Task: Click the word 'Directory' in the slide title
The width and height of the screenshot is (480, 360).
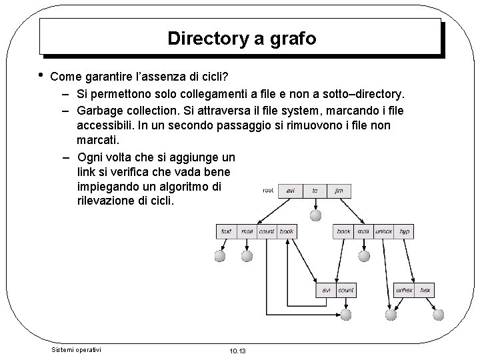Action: coord(207,38)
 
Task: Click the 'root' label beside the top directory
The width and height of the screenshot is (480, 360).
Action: coord(269,190)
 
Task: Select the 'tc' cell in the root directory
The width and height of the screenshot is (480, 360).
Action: coord(315,190)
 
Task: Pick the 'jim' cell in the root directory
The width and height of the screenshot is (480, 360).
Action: coord(339,190)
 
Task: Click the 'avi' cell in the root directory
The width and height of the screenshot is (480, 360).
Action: coord(291,190)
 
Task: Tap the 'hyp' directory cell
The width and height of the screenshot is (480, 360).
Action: coord(404,231)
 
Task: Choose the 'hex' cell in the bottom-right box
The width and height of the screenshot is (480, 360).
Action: coord(425,291)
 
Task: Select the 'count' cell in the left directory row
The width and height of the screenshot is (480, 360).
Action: coord(267,231)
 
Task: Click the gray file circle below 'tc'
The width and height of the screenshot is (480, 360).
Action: coord(316,215)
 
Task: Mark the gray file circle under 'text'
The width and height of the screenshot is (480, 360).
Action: coord(220,256)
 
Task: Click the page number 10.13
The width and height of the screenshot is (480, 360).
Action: coord(237,351)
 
